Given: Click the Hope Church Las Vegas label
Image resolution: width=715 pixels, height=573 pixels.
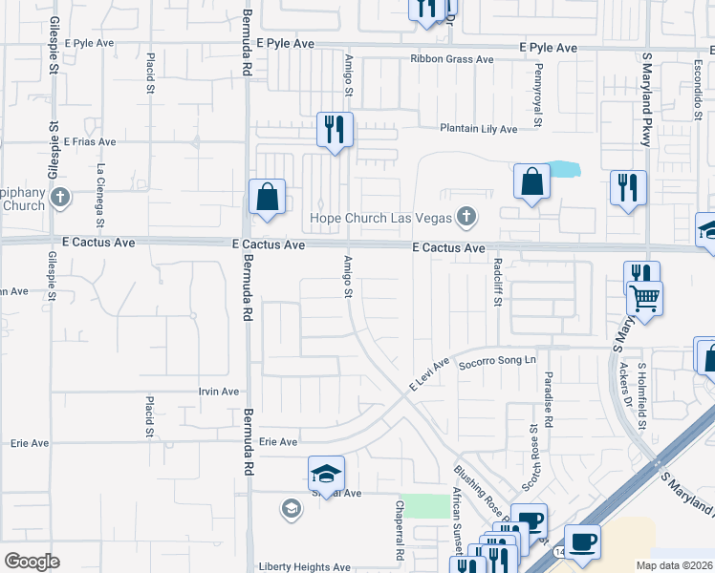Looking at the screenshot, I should click(x=379, y=218).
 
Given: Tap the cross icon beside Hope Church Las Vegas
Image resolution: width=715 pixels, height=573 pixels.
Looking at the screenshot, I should click(x=466, y=217).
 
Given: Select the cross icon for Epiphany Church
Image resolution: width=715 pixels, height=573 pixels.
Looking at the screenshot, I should click(x=60, y=199).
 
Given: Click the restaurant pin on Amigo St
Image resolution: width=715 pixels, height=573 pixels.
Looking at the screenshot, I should click(x=335, y=129).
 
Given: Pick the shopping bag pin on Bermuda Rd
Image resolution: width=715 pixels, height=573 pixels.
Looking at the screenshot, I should click(x=268, y=197).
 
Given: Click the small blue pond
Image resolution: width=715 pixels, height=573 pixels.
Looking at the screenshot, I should click(x=565, y=169).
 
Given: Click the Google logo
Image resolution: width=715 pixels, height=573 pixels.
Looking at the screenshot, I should click(x=32, y=561).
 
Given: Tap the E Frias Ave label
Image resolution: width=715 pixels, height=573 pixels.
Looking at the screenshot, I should click(x=91, y=141).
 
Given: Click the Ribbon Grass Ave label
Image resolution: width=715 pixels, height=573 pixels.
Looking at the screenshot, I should click(x=452, y=59).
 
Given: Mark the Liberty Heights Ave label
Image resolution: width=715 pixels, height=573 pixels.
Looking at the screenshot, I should click(x=304, y=566).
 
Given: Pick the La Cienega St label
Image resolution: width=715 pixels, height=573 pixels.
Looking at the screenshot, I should click(x=99, y=187).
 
